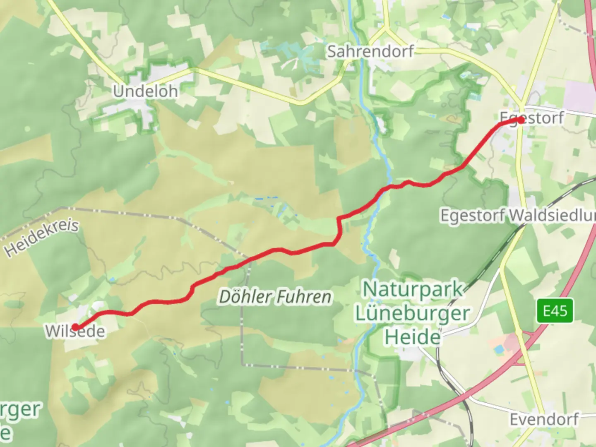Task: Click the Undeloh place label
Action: (145, 91)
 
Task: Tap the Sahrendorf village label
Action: (370, 51)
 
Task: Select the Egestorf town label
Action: (532, 118)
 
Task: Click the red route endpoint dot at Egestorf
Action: (520, 120)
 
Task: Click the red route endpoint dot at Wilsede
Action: (75, 327)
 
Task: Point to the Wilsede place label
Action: (75, 332)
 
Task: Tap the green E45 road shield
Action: (555, 310)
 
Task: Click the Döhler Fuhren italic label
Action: (275, 297)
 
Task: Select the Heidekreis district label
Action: (41, 238)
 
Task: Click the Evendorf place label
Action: (544, 419)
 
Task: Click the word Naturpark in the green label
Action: (413, 289)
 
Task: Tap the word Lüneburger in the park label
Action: (413, 313)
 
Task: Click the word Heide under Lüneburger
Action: (413, 337)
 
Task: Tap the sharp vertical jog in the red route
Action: (339, 230)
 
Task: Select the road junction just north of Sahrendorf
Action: (387, 30)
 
